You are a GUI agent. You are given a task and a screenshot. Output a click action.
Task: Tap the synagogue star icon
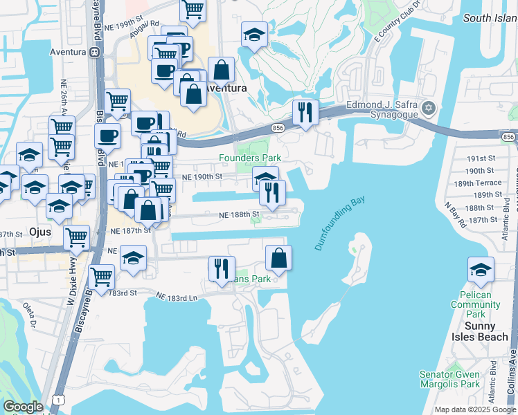coord(429,108)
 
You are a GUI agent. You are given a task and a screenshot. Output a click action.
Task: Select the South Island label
coord(490,18)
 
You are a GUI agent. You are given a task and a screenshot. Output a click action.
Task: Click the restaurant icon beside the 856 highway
coord(305,111)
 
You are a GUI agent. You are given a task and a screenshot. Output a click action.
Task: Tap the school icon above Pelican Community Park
coord(481,270)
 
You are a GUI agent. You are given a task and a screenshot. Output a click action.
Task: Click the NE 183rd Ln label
coord(177,297)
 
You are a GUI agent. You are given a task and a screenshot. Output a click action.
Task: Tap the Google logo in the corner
coord(23,407)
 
